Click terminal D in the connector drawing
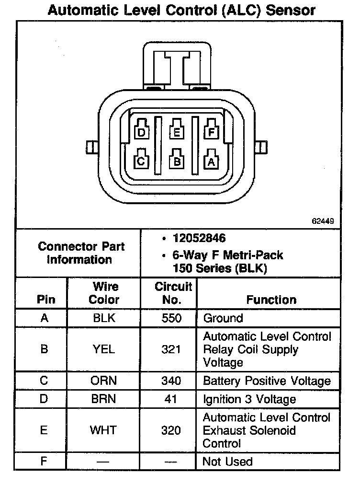pos(142,131)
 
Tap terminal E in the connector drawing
pos(177,131)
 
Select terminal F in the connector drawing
pos(211,131)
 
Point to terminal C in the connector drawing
pos(141,161)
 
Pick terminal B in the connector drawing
pos(177,161)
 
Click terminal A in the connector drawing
pos(211,162)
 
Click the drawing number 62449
pos(323,221)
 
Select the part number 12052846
pos(199,238)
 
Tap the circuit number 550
pos(171,318)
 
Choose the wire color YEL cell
pos(104,349)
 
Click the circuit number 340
pos(171,381)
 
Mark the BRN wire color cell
pos(104,399)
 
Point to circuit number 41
pos(171,399)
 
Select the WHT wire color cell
pos(104,430)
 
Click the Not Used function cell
pos(227,462)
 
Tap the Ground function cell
pos(223,318)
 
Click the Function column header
pos(271,300)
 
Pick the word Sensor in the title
pos(291,10)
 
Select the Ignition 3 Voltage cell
pos(249,399)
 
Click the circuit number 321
pos(171,349)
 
